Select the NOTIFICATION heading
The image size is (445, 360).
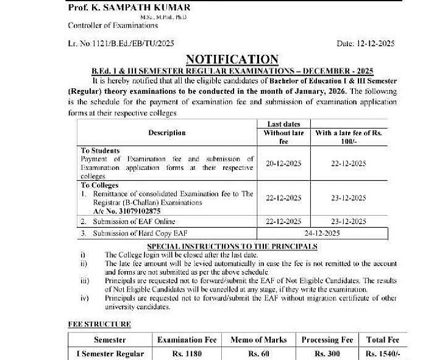[232, 59]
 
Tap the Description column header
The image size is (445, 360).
[166, 132]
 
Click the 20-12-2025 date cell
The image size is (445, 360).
[284, 163]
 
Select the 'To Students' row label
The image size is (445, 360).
[101, 150]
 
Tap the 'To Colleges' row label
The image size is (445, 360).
[101, 185]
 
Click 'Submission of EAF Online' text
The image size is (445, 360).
[134, 221]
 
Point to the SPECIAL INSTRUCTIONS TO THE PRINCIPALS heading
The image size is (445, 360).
[232, 246]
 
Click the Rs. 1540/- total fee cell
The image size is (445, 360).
[382, 354]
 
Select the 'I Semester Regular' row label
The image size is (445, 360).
[110, 354]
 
